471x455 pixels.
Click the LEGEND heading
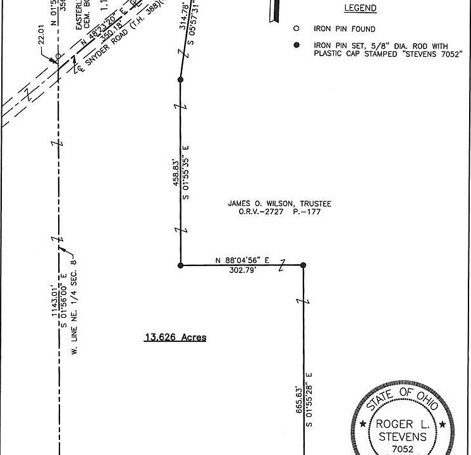tap(360, 8)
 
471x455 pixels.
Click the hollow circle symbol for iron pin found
tap(295, 29)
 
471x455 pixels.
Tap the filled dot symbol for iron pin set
tap(295, 45)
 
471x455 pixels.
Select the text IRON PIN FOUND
tap(344, 29)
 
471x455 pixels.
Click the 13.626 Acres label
tap(175, 337)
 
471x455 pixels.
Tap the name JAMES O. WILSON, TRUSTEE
tap(279, 203)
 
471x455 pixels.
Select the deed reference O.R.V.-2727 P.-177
tap(279, 212)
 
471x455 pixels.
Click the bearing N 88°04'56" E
tap(242, 260)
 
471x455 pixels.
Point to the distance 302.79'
tap(242, 270)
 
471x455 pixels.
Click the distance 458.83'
tap(174, 172)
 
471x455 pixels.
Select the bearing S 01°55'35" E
tap(187, 173)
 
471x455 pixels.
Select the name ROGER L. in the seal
tap(402, 424)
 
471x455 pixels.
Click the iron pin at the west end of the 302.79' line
tap(181, 265)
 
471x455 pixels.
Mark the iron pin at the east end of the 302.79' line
tap(303, 265)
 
